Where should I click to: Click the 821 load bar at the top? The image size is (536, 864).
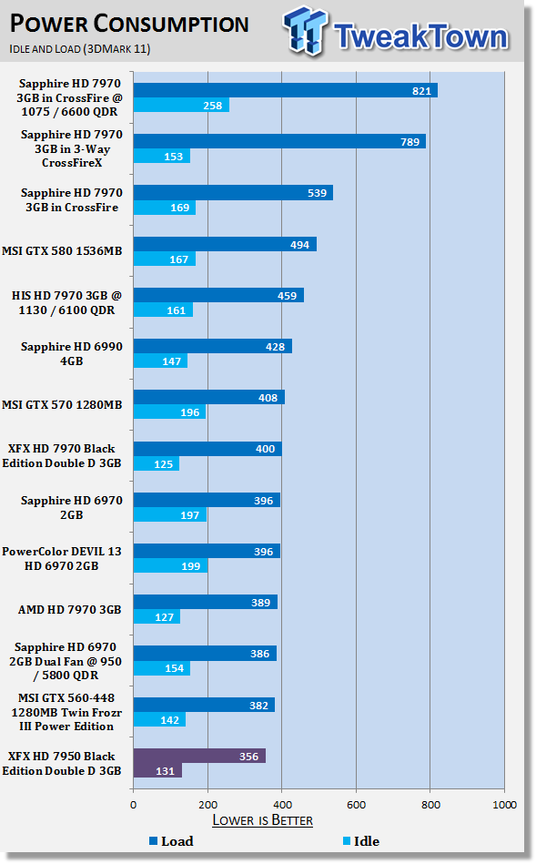286,90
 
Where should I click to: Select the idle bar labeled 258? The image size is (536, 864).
181,106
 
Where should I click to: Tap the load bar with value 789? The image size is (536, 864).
279,142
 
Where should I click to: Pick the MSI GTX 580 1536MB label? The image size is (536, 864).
62,251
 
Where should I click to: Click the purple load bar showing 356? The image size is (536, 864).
199,756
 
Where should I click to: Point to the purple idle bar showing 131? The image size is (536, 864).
157,771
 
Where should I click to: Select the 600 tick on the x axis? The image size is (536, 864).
357,805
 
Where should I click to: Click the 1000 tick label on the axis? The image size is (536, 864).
504,805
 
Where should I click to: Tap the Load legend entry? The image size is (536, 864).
171,841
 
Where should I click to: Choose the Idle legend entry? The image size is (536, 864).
361,841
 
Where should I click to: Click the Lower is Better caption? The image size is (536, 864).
263,820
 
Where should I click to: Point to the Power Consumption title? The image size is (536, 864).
129,24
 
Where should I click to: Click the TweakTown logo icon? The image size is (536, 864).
306,30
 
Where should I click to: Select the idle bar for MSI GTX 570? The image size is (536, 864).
169,412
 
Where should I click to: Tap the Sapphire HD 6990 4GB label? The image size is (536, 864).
72,354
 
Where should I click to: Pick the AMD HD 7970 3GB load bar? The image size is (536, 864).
206,603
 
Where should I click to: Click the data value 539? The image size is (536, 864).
317,193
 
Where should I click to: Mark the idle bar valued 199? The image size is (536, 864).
171,566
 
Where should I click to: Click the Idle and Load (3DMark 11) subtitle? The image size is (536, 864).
80,49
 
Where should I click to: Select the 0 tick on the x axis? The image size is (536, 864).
133,805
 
